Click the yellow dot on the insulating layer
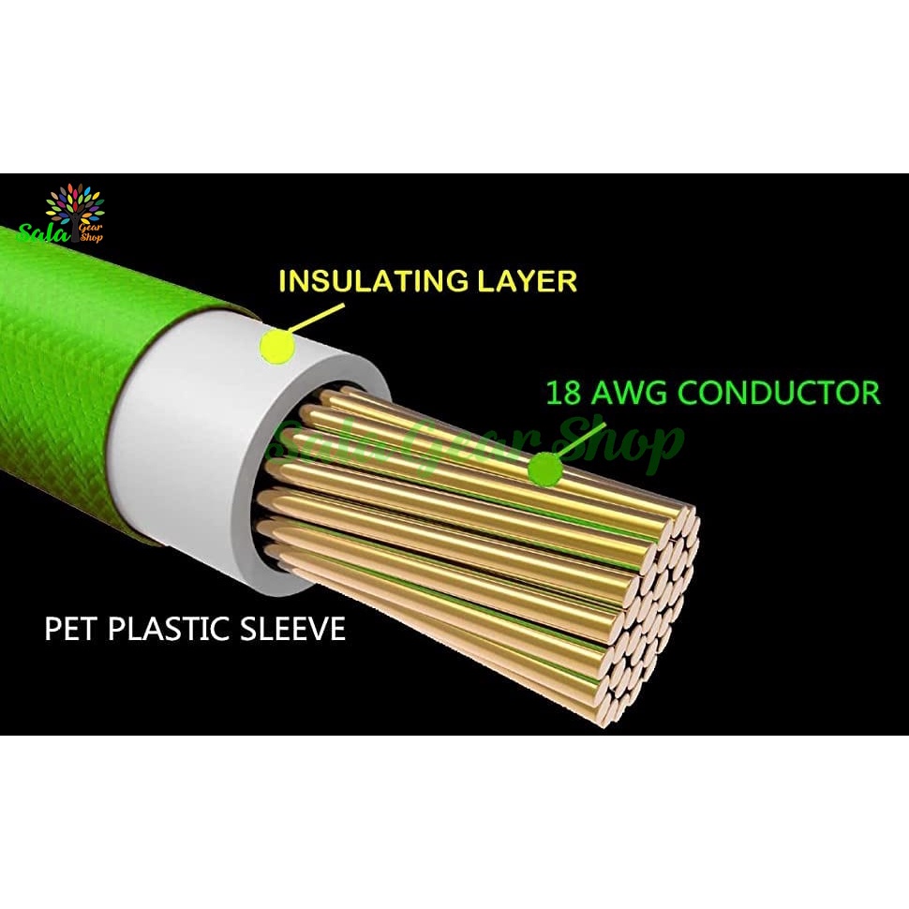276,348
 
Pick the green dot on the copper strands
543,469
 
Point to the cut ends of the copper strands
656,609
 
